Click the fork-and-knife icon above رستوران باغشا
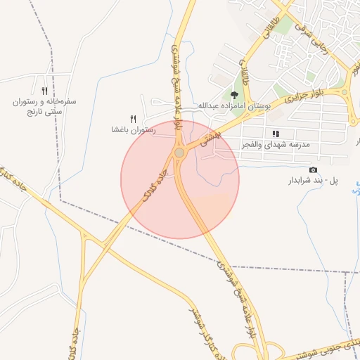(133, 119)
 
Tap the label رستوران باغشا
(132, 130)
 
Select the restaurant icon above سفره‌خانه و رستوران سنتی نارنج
(44, 91)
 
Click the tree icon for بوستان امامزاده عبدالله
(234, 94)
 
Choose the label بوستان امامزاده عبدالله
(234, 105)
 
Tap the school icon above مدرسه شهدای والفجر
(276, 133)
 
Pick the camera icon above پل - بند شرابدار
(313, 170)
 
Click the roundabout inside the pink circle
(180, 152)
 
